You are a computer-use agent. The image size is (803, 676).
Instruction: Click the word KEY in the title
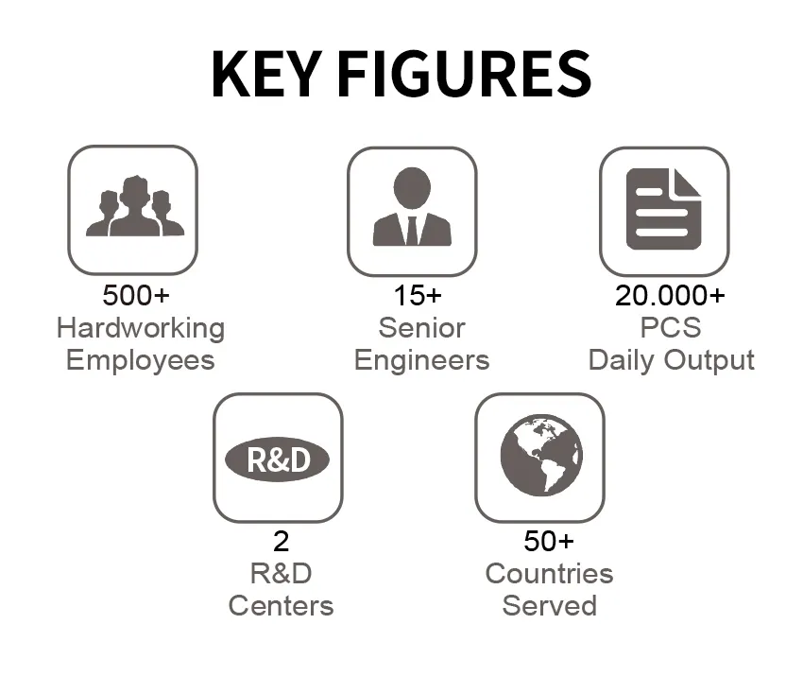pos(266,74)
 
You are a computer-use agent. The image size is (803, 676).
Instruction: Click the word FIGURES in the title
pos(465,74)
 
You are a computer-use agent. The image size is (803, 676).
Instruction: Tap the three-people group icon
pos(135,206)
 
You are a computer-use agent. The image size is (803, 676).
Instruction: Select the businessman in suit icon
pos(412,206)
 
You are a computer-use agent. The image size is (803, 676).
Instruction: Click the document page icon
pos(664,209)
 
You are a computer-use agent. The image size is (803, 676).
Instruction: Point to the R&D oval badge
pos(278,459)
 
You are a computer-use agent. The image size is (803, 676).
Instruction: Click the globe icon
pos(541,455)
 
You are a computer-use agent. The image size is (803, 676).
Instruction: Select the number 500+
pos(136,295)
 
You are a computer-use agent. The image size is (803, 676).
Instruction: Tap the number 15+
pos(417,295)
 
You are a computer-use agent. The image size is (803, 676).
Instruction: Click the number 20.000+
pos(670,295)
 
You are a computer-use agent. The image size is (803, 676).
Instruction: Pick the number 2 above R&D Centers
pos(282,541)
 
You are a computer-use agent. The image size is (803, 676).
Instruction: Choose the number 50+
pos(549,541)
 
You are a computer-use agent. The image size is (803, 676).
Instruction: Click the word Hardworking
pos(141,328)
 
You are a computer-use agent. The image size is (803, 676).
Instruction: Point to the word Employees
pos(141,360)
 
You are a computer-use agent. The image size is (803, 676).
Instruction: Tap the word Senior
pos(421,328)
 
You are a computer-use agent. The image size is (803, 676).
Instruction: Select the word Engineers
pos(421,360)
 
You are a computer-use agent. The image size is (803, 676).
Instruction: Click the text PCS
pos(671,328)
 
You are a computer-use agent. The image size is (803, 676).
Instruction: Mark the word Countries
pos(549,574)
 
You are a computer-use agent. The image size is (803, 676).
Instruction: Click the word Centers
pos(281,606)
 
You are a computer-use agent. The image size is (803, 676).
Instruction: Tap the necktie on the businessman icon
pos(412,230)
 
